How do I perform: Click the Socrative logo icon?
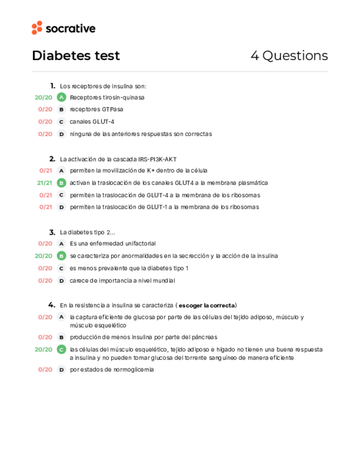click(x=37, y=28)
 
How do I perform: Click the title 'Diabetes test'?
click(x=76, y=56)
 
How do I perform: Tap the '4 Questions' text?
click(x=289, y=56)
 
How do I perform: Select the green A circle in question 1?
click(x=62, y=97)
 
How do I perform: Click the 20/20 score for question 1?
click(x=43, y=97)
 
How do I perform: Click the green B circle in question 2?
click(x=62, y=183)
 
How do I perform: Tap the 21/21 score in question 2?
click(x=45, y=183)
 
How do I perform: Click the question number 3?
click(x=52, y=232)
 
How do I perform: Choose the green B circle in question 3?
click(x=62, y=256)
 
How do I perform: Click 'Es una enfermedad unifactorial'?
click(x=113, y=243)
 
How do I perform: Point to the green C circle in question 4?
click(x=62, y=349)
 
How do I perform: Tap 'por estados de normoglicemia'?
click(x=112, y=370)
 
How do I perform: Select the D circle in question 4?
click(x=62, y=370)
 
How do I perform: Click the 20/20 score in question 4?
click(x=43, y=349)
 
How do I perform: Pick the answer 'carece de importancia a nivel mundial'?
click(x=122, y=280)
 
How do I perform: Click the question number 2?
click(x=52, y=159)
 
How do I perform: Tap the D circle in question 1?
click(x=62, y=134)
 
